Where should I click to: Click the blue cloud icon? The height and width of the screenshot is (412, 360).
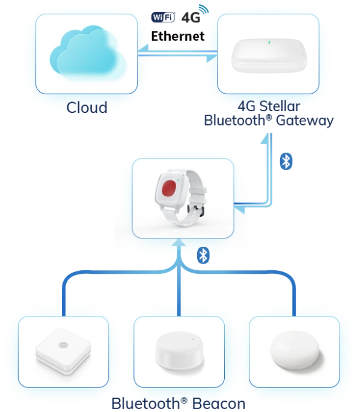click(x=87, y=51)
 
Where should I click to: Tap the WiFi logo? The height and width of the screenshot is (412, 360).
click(x=163, y=17)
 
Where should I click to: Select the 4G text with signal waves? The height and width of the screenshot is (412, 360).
click(x=195, y=14)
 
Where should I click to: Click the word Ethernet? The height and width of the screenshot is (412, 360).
click(x=178, y=36)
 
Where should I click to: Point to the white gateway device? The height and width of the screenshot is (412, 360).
click(x=269, y=56)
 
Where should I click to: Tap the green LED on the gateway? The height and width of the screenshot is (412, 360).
click(x=269, y=42)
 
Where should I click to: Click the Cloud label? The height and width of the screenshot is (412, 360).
click(x=87, y=108)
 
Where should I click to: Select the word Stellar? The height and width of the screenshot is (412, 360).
click(x=279, y=106)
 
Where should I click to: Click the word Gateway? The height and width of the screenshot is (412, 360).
click(x=305, y=121)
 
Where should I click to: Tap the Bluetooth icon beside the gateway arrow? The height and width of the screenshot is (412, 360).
click(x=286, y=162)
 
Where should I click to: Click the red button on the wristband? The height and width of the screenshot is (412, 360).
click(x=169, y=189)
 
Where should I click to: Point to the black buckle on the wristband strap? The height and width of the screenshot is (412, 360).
click(x=195, y=210)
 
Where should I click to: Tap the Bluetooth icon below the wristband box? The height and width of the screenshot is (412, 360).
click(x=203, y=255)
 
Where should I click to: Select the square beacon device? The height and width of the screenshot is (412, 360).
click(x=63, y=351)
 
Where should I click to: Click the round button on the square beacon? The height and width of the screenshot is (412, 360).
click(x=63, y=345)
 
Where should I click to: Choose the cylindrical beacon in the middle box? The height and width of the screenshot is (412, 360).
click(x=180, y=351)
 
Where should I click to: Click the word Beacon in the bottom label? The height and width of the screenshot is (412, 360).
click(x=219, y=404)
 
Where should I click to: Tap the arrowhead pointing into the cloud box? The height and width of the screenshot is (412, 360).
click(x=143, y=49)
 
